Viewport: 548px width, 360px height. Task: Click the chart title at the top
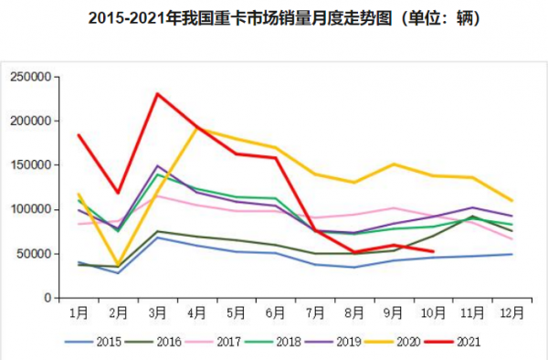click(274, 17)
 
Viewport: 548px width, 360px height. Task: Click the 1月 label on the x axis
click(79, 312)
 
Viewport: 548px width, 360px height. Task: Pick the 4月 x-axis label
click(196, 312)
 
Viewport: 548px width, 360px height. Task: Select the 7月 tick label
click(314, 312)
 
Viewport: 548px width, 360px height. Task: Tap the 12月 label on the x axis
click(511, 312)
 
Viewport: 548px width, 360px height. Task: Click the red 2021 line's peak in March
click(157, 93)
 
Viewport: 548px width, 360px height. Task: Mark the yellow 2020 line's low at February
click(118, 265)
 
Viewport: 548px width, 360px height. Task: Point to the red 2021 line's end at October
click(432, 251)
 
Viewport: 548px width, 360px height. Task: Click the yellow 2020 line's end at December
click(511, 200)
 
